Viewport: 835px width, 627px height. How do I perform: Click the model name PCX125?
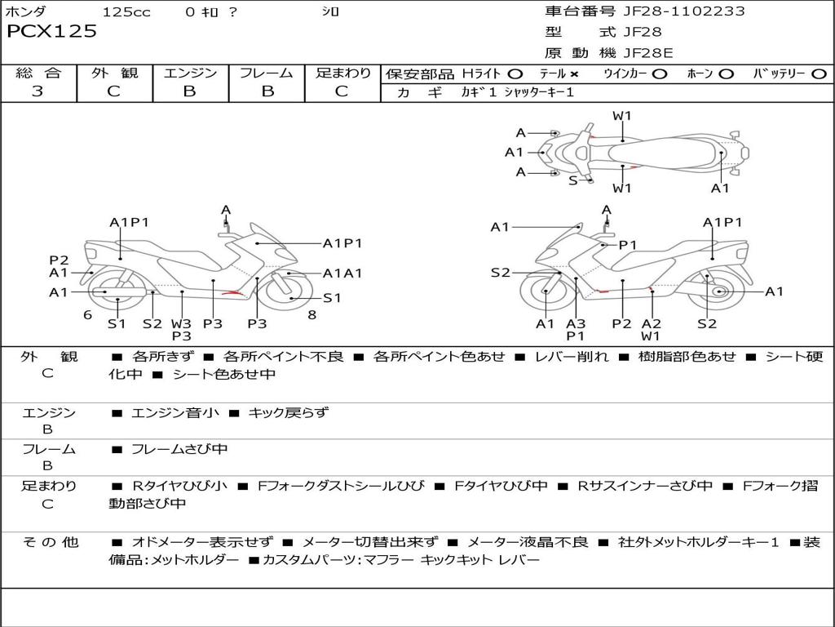[x=51, y=31]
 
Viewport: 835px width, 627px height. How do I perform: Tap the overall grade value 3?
[x=38, y=91]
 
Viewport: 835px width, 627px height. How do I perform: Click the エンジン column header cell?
[x=190, y=73]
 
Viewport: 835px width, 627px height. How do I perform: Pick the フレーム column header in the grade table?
[x=267, y=73]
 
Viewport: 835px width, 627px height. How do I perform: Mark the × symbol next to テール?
[x=574, y=74]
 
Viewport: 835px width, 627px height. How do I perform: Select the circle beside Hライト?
[x=515, y=74]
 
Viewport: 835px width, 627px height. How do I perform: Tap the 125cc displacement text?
[x=126, y=11]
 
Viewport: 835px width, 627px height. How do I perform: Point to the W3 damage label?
[x=181, y=323]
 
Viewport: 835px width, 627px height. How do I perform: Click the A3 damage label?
[x=576, y=323]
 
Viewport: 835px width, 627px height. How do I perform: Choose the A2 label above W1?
[x=651, y=323]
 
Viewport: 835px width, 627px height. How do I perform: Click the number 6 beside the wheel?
[x=87, y=314]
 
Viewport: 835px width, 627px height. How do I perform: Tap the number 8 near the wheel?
[x=311, y=314]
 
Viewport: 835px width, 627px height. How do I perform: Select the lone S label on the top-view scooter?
[x=573, y=180]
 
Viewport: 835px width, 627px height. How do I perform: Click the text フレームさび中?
[x=179, y=449]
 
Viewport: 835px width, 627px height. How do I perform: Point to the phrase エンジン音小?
[x=175, y=413]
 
